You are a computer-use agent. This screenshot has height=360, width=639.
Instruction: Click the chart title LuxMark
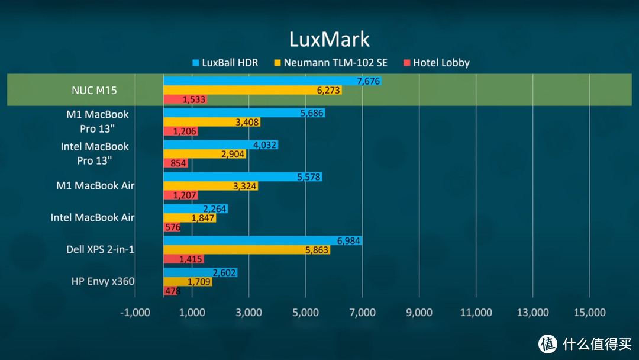coord(329,39)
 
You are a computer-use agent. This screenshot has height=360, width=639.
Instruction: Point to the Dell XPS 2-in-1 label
coord(100,249)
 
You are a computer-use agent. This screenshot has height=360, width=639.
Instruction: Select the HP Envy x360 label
coord(102,281)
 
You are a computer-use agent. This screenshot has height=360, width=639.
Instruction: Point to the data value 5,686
coord(312,113)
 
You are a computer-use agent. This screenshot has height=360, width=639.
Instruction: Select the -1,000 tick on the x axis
coord(135,313)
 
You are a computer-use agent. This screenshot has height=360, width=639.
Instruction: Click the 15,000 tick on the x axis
coord(589,313)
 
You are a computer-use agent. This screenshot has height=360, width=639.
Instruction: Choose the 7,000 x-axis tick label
coord(362,313)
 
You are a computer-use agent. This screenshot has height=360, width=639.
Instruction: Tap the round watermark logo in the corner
coord(548,343)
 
